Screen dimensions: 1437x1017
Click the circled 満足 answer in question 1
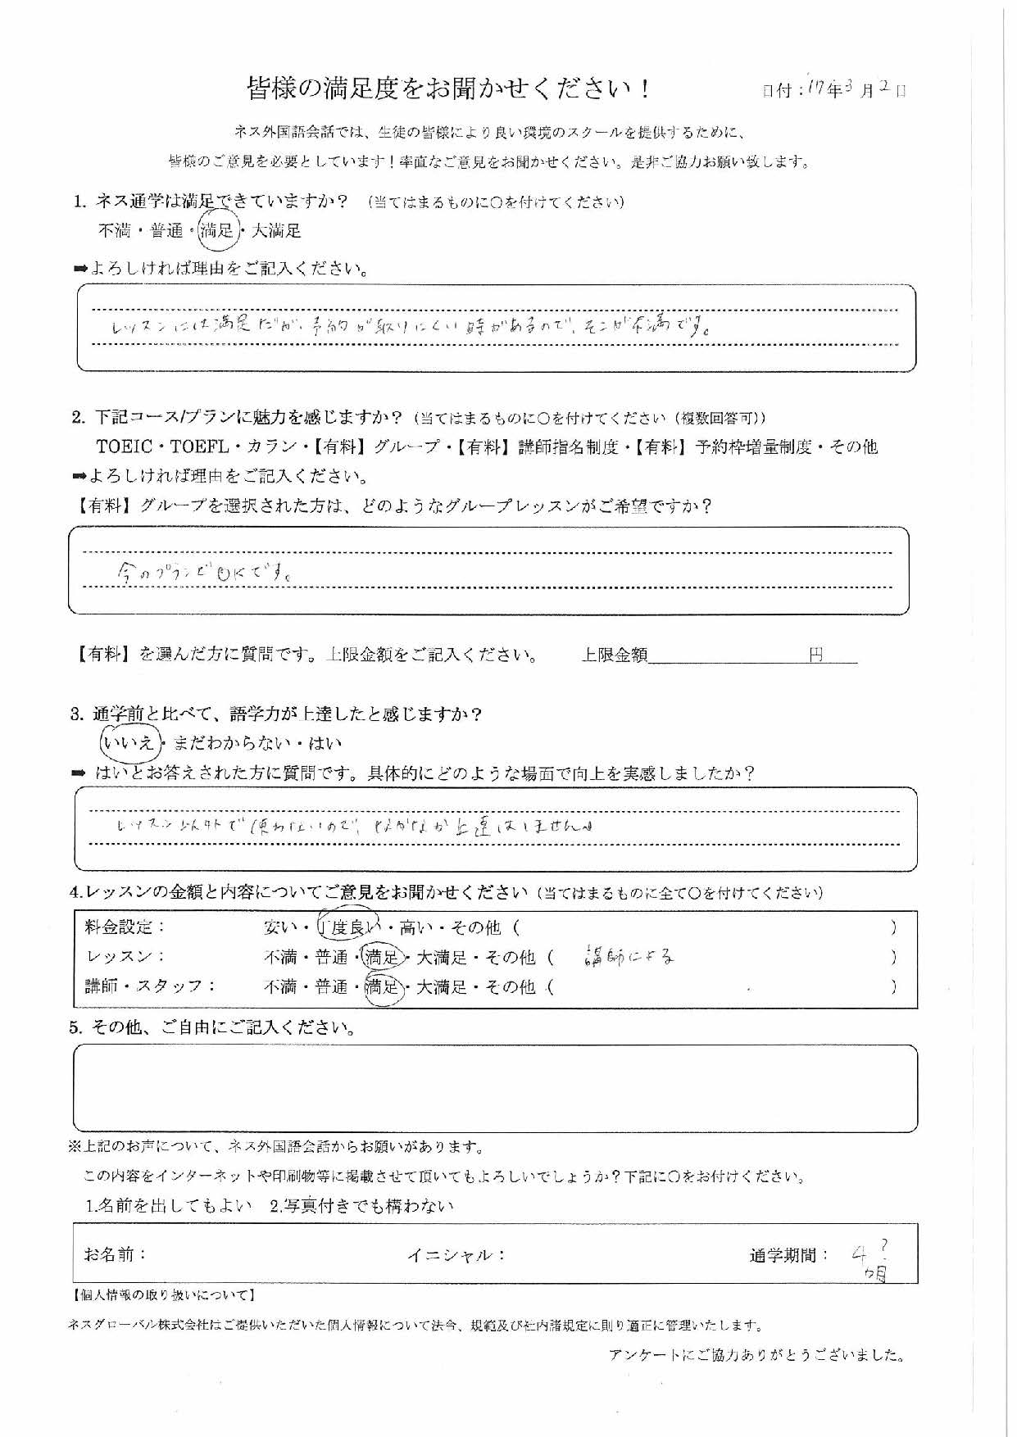click(217, 232)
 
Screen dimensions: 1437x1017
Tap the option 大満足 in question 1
click(276, 231)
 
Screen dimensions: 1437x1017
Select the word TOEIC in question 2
click(125, 447)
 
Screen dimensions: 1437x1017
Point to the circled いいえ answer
click(128, 743)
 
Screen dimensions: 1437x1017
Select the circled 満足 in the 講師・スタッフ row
click(382, 987)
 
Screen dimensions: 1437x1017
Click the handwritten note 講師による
click(630, 956)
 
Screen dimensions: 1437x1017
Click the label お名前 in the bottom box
click(115, 1254)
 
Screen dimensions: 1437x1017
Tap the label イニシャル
click(456, 1255)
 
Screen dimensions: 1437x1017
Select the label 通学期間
click(788, 1255)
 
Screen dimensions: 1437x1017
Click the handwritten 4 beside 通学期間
click(859, 1253)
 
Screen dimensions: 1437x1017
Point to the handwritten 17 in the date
click(816, 88)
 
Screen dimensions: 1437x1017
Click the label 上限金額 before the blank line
click(614, 655)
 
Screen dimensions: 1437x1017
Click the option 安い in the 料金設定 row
click(280, 927)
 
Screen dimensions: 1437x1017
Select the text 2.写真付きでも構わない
click(361, 1206)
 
